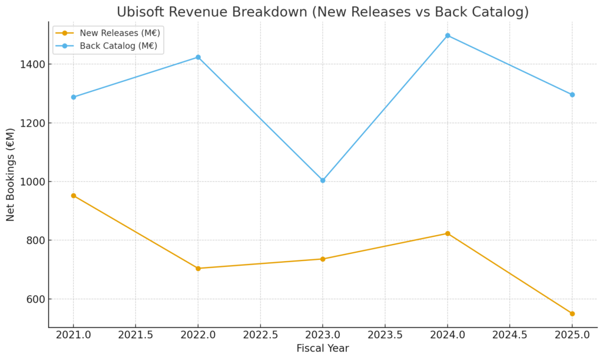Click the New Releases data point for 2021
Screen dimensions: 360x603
74,196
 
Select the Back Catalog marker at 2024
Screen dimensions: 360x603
448,35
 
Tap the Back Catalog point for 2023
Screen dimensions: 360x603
323,180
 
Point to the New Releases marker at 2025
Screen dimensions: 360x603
572,313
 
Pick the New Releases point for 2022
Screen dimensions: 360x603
198,268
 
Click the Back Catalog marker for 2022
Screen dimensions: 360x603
198,57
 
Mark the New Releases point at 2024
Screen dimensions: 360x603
448,233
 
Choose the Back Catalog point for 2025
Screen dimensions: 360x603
572,94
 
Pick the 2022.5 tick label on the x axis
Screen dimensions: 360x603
260,334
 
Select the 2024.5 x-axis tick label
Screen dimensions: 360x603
509,334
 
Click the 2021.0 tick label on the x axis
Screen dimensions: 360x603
74,334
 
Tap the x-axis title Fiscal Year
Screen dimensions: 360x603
323,348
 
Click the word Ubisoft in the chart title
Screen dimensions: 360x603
140,12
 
